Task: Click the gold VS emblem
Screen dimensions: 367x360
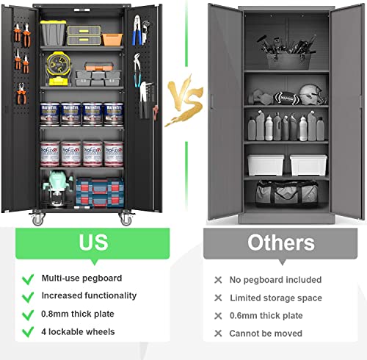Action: coord(185,101)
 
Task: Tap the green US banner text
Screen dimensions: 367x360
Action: coord(93,242)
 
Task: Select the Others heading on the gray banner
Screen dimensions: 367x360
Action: coord(281,242)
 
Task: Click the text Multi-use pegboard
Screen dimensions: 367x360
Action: coord(81,278)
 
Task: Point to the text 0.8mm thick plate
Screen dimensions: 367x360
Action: coord(78,314)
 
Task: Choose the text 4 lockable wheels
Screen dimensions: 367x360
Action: coord(78,331)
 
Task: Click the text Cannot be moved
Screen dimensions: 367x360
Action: coord(266,334)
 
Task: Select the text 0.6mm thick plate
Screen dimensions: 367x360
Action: coord(266,315)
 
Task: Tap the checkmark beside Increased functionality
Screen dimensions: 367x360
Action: coord(28,297)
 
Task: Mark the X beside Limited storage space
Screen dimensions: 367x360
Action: coord(218,298)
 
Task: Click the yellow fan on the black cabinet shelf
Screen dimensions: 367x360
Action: coord(58,68)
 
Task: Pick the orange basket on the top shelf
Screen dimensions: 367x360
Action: coord(112,40)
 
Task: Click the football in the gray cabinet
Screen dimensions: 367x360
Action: coord(286,98)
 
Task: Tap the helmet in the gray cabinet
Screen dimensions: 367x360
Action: coord(312,94)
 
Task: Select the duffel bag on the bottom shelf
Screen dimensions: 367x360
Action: coord(286,192)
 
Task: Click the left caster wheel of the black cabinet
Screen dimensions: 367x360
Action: coord(37,218)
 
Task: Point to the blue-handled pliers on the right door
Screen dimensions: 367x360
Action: coord(137,30)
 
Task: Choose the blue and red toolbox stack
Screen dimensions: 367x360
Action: coord(100,192)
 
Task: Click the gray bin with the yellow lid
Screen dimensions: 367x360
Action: coord(53,33)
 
